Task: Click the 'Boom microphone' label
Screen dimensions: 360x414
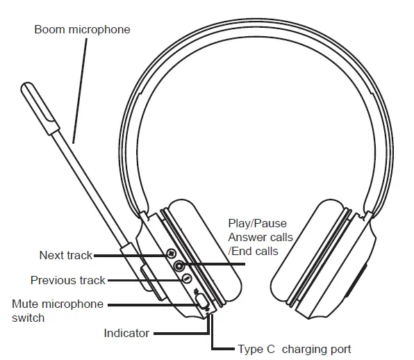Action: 82,30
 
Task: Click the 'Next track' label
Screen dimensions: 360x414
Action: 65,256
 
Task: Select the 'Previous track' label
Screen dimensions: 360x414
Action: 68,280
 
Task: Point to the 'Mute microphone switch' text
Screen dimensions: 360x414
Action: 57,311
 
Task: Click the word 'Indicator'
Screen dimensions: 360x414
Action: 126,334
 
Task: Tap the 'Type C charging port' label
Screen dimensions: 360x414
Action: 294,350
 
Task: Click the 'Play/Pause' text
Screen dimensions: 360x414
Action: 257,224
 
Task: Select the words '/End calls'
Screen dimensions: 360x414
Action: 253,252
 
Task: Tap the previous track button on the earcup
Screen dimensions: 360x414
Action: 187,277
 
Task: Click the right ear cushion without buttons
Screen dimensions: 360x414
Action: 313,257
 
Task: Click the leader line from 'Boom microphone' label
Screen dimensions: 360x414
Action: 78,90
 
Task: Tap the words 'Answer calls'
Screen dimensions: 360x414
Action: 260,238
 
